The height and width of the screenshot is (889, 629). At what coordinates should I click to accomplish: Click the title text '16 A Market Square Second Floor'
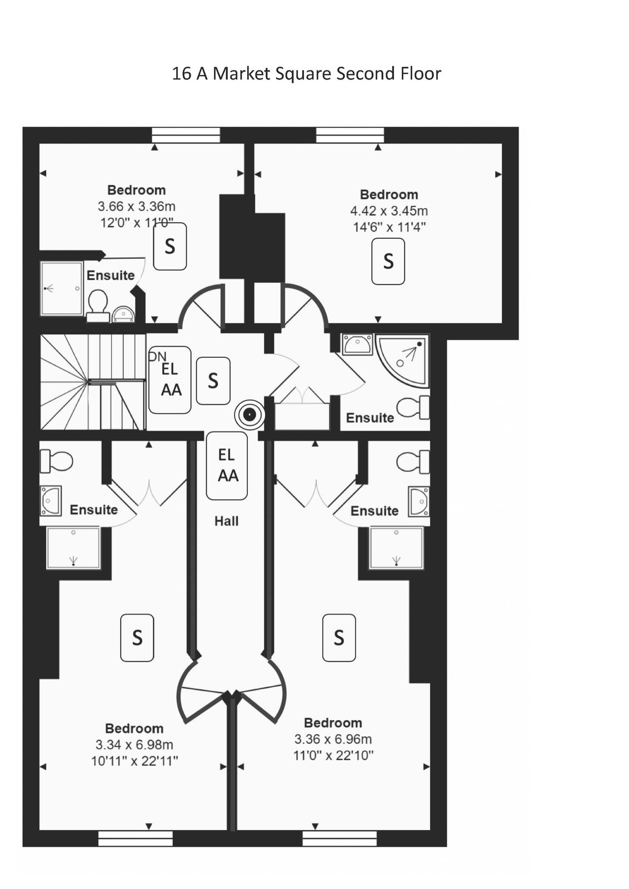tap(306, 74)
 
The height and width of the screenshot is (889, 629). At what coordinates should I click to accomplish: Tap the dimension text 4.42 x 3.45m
tap(388, 211)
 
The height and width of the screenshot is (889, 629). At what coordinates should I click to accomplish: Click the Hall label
tap(226, 521)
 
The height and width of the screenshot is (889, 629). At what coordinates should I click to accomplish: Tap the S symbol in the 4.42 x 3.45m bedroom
tap(388, 262)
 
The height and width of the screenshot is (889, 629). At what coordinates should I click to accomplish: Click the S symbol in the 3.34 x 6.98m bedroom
tap(137, 638)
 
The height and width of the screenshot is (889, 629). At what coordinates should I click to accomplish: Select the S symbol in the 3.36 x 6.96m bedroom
tap(339, 638)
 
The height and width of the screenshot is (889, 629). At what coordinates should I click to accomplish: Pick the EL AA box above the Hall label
tap(227, 466)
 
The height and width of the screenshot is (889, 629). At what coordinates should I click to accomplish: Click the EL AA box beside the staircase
tap(170, 380)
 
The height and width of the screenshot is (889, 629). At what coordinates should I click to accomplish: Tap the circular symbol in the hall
tap(249, 415)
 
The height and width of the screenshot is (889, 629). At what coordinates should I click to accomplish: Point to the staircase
tap(93, 382)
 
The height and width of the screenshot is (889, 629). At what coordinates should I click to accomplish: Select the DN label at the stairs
tap(158, 356)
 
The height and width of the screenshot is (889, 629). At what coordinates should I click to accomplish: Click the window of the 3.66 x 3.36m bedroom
tap(186, 135)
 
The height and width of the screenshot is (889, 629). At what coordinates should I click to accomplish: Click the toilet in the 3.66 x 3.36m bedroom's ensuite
tap(98, 306)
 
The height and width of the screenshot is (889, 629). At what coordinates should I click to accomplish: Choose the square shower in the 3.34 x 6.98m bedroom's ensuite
tap(73, 548)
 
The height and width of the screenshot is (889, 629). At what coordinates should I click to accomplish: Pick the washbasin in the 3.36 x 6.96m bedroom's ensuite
tap(419, 502)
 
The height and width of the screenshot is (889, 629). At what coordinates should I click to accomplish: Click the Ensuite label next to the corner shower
tap(370, 418)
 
